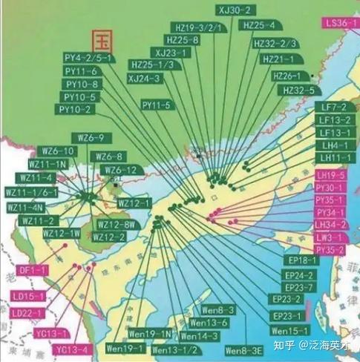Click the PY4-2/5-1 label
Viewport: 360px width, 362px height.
pyautogui.click(x=87, y=57)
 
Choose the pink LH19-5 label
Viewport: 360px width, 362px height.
pyautogui.click(x=330, y=175)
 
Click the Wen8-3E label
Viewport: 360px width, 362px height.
pyautogui.click(x=243, y=349)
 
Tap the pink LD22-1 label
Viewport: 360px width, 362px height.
pyautogui.click(x=29, y=315)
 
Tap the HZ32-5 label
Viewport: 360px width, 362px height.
pyautogui.click(x=298, y=90)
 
